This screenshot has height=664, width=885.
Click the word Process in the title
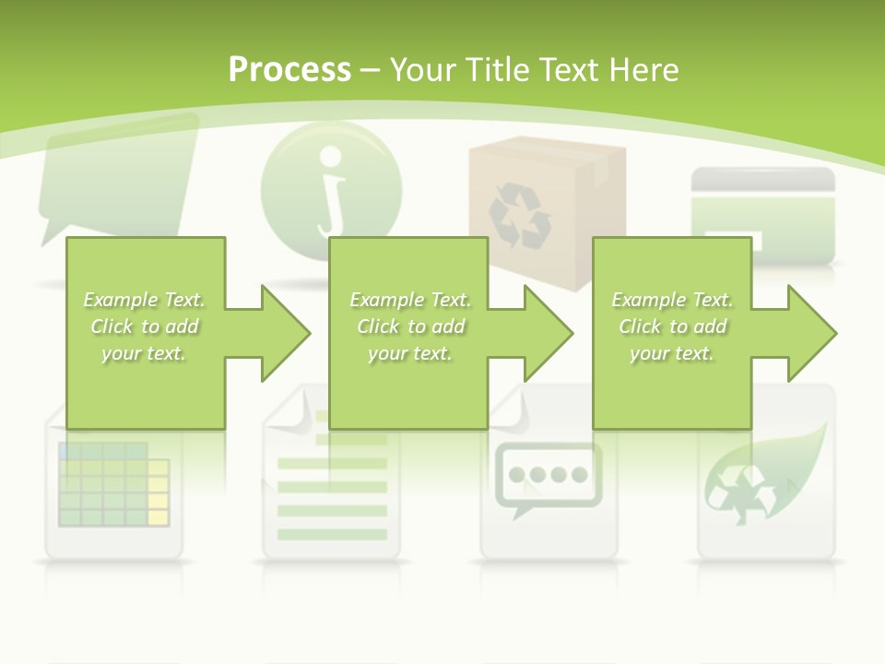[x=289, y=70]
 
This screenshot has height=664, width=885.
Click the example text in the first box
[x=145, y=326]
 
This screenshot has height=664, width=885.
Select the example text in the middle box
[x=410, y=326]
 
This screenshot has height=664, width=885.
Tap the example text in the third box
[x=672, y=326]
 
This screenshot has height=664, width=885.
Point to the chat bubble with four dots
[x=549, y=476]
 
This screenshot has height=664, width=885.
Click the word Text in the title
[x=566, y=70]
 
